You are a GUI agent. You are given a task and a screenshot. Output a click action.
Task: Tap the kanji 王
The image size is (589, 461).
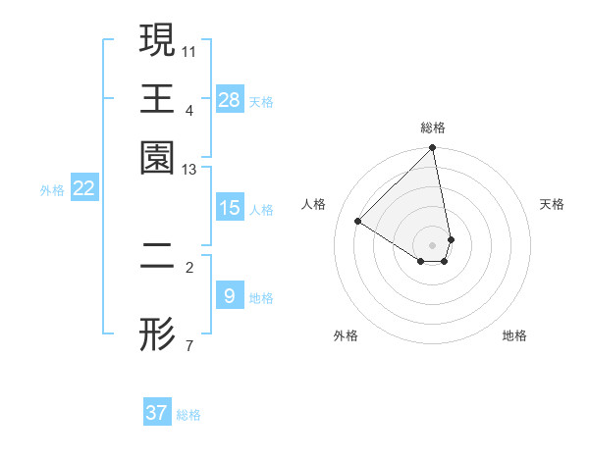click(x=157, y=98)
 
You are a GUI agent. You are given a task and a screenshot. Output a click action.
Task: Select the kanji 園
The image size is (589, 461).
click(x=157, y=157)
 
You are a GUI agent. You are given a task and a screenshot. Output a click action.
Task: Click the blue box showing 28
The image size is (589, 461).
click(x=230, y=100)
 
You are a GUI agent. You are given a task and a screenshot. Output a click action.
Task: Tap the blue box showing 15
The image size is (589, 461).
click(x=230, y=208)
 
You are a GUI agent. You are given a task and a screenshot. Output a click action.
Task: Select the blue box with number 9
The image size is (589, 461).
click(x=230, y=295)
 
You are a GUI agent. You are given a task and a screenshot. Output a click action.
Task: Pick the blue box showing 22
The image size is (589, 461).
click(x=83, y=189)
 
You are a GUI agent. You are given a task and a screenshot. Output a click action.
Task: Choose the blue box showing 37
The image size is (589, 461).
click(x=157, y=413)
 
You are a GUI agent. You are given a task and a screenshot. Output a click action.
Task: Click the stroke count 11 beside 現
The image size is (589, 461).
click(x=189, y=50)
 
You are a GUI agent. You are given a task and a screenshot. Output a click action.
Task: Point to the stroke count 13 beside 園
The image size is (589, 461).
click(x=189, y=170)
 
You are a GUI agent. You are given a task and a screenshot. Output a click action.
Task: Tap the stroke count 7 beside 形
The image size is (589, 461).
click(x=188, y=345)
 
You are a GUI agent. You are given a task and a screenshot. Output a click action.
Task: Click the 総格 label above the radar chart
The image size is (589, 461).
click(x=433, y=128)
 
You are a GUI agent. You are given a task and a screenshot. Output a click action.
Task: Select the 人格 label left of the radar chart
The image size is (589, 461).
click(x=314, y=204)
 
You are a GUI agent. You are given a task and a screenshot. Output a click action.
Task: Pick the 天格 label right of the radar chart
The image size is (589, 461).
click(x=553, y=204)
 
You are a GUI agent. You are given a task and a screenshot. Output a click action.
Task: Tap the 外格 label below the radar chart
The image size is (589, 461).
click(x=346, y=335)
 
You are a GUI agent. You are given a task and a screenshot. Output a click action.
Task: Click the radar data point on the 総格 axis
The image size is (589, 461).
click(x=433, y=148)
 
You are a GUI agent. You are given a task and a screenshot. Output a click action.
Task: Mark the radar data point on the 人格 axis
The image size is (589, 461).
click(x=358, y=221)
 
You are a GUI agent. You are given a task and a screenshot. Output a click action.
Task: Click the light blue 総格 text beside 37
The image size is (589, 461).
click(x=189, y=415)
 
